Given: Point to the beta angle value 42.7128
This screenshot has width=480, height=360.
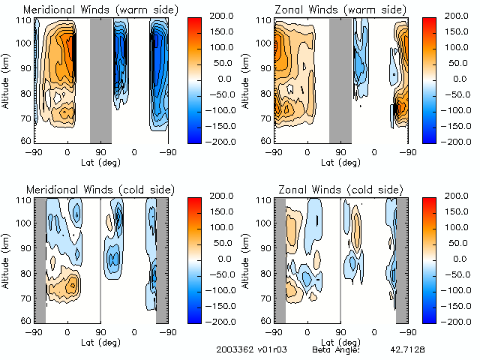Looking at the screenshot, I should click(406, 350).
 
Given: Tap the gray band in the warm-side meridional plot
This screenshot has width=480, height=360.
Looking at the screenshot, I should click(100, 79).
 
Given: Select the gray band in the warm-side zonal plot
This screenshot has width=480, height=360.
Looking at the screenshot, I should click(340, 79).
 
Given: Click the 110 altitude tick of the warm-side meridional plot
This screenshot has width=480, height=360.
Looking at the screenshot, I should click(25, 20).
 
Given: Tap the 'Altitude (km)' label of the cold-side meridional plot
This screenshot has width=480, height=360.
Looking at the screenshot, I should click(7, 259).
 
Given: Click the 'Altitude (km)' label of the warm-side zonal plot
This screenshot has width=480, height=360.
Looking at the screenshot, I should click(247, 79).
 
